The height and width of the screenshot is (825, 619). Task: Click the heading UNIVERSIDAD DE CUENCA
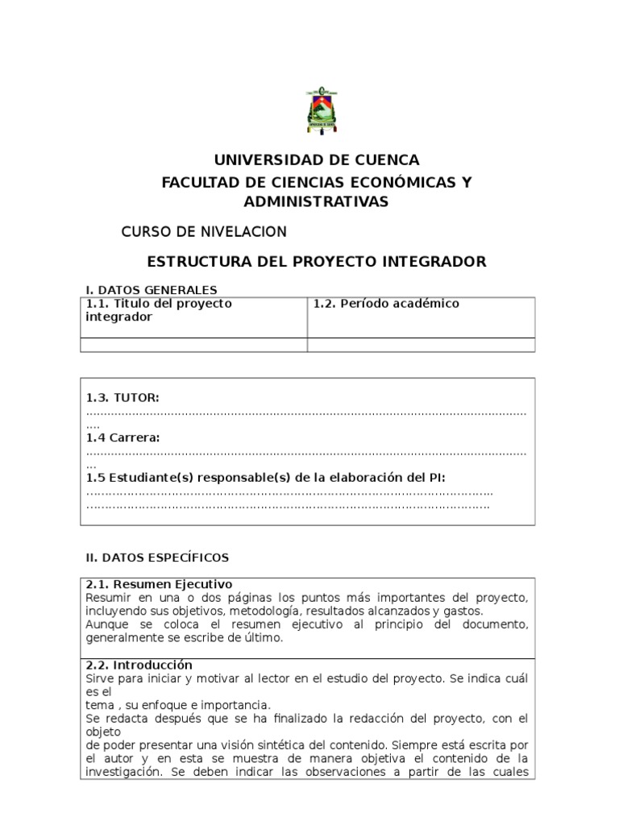[316, 160]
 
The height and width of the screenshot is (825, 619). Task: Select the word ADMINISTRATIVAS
[316, 201]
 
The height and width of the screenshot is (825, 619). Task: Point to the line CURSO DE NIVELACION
[203, 232]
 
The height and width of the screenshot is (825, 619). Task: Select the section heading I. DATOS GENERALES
[152, 290]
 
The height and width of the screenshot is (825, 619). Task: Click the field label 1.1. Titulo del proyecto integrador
[159, 310]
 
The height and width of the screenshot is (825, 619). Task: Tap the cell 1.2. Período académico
[386, 304]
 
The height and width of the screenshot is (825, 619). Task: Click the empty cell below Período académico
[421, 345]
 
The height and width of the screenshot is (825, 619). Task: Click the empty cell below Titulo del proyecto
[193, 345]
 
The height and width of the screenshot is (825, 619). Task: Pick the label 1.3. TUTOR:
[123, 397]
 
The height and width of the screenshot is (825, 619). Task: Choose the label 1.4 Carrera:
[123, 437]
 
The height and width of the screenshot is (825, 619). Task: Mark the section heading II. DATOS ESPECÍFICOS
[157, 557]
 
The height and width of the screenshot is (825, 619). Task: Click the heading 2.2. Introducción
[139, 665]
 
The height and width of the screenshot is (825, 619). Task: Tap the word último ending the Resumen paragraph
[263, 638]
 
